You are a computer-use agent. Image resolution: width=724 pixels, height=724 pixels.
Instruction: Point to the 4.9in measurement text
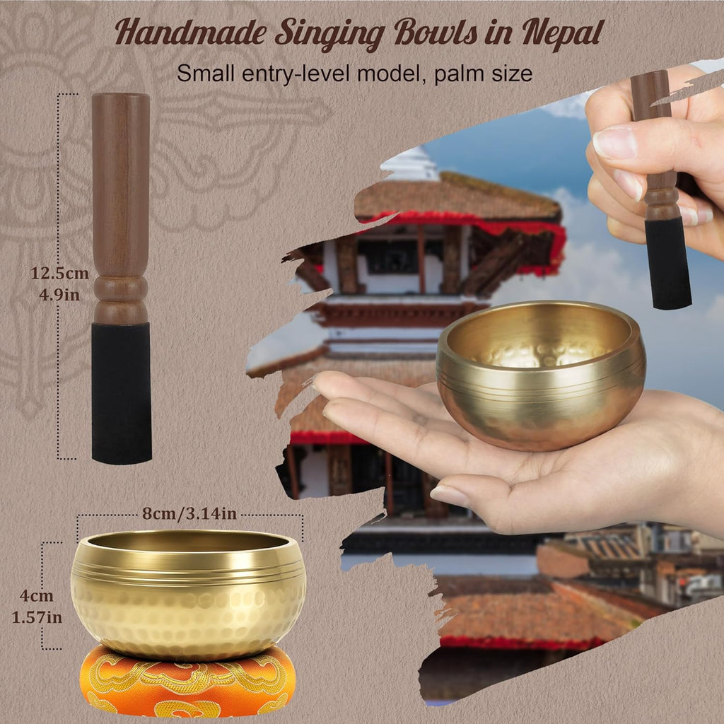pos(59,293)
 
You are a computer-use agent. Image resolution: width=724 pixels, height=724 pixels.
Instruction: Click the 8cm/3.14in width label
pos(189,514)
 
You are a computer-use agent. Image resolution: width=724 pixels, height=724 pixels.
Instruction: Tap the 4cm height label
pos(36,596)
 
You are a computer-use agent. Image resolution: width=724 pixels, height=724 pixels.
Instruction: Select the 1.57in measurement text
pos(37,617)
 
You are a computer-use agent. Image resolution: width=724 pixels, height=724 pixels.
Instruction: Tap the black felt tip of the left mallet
pos(121,392)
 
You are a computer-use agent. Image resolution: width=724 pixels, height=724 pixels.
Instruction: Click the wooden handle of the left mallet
pos(121,205)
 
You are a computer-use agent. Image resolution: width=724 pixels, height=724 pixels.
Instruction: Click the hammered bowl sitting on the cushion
pos(188,594)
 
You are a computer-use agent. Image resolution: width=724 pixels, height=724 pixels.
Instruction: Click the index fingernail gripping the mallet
pos(614,143)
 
